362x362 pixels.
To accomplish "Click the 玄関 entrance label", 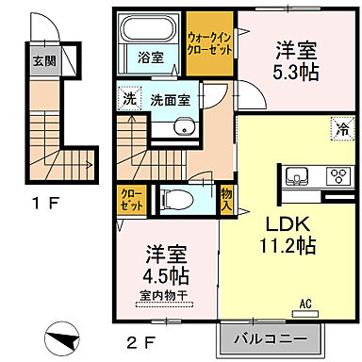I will point(43,63).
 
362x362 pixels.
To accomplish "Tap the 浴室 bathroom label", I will point(151,57).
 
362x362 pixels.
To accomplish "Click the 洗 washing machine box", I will point(127,95).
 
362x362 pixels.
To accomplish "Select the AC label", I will point(304,304).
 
